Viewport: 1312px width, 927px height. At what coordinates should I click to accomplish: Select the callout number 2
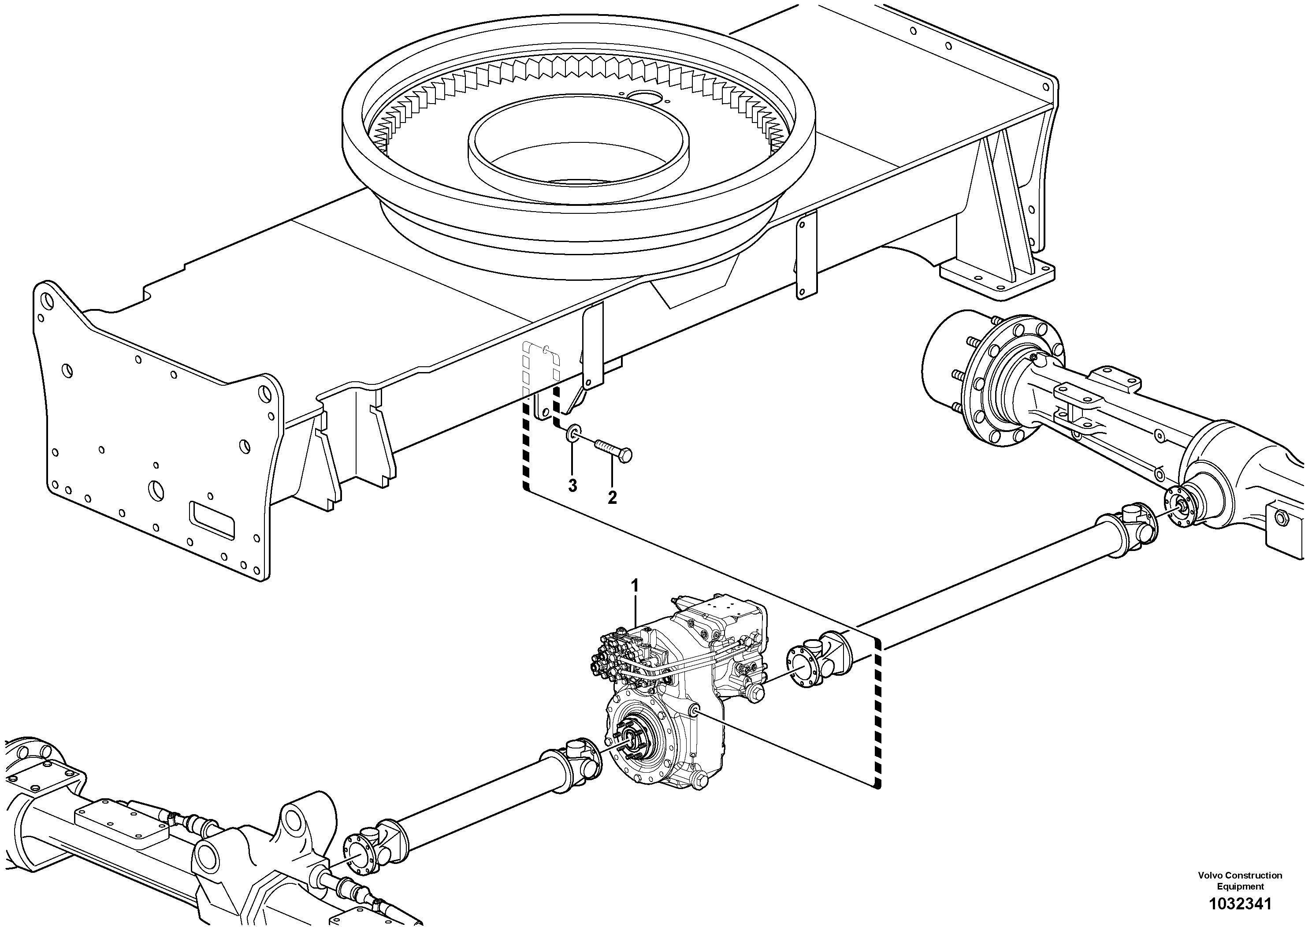pyautogui.click(x=612, y=497)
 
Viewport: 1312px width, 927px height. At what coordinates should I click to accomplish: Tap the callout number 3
pyautogui.click(x=572, y=485)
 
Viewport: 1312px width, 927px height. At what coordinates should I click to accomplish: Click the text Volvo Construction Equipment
pyautogui.click(x=1240, y=881)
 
